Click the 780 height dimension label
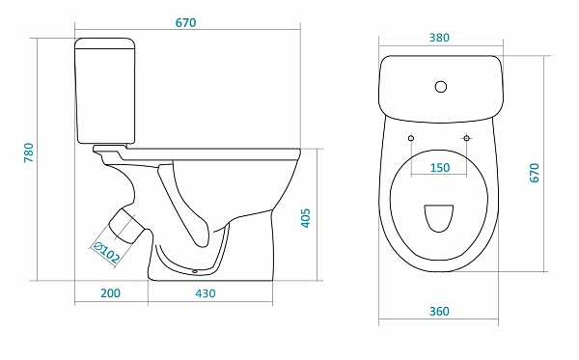click(29, 152)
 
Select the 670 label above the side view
click(185, 23)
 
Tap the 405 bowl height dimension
click(306, 218)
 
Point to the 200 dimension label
click(110, 293)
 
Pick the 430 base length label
click(206, 293)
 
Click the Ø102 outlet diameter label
click(106, 252)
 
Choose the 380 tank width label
click(439, 38)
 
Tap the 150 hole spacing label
click(440, 168)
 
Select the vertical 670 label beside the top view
click(535, 173)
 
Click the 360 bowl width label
click(439, 312)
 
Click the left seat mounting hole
click(411, 138)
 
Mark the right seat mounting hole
click(467, 138)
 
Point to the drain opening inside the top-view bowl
click(439, 218)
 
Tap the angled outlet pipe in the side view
click(126, 227)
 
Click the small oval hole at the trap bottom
click(195, 272)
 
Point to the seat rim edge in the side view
click(213, 150)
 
